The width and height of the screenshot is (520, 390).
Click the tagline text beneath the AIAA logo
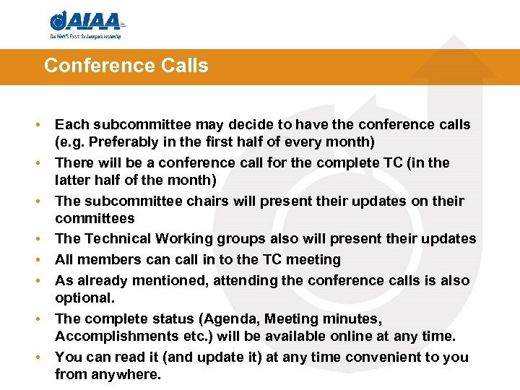(x=86, y=35)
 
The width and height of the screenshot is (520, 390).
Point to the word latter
(x=73, y=181)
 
